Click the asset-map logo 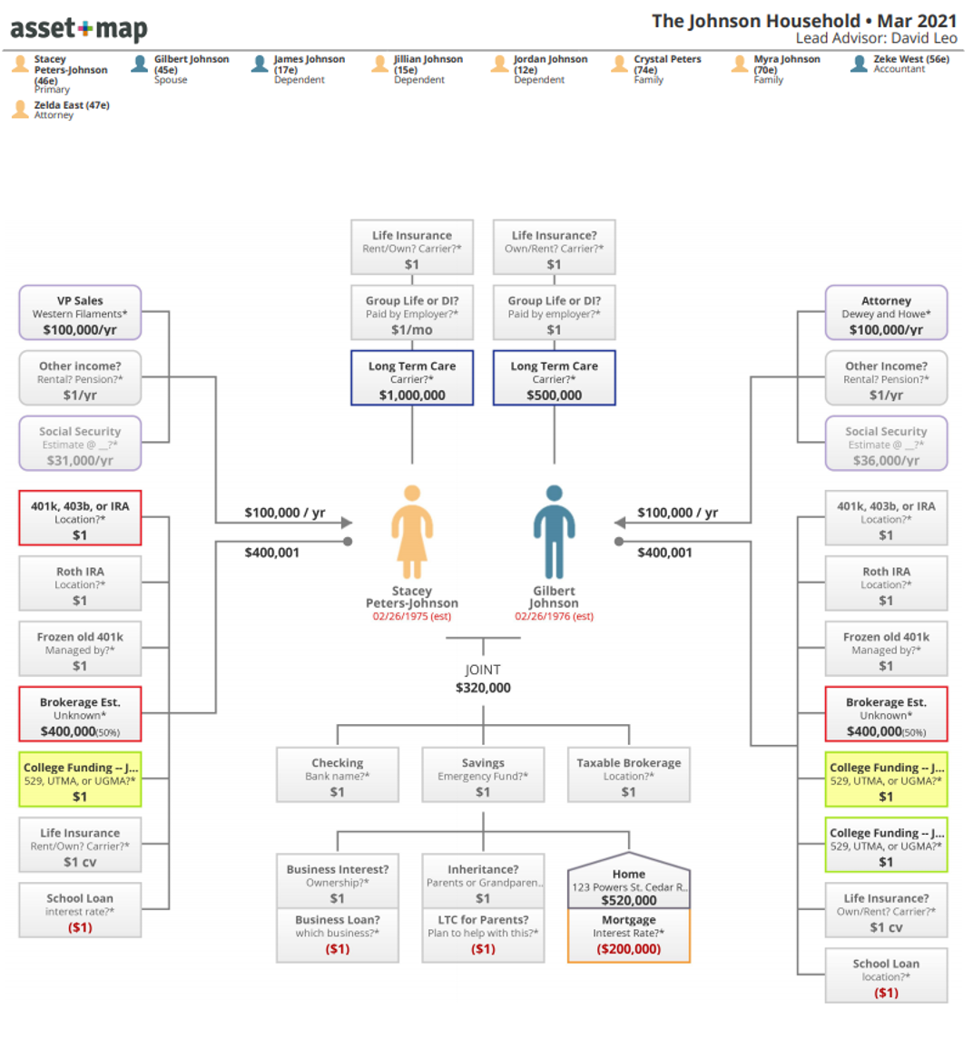pos(79,29)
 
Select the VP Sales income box pos(80,313)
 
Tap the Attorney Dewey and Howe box pos(886,313)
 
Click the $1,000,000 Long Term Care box pos(412,378)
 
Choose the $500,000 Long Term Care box pos(555,378)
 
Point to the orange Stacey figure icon pos(412,532)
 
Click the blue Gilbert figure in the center pos(555,532)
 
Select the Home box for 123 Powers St pos(628,881)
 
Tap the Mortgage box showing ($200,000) pos(628,934)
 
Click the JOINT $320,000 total pos(483,679)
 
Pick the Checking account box pos(338,775)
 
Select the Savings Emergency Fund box pos(483,775)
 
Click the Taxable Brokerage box pos(628,775)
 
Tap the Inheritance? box pos(483,881)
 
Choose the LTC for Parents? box pos(483,934)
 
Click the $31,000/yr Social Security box pos(80,444)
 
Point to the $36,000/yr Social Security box pos(886,444)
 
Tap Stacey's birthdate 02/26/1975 pos(412,616)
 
